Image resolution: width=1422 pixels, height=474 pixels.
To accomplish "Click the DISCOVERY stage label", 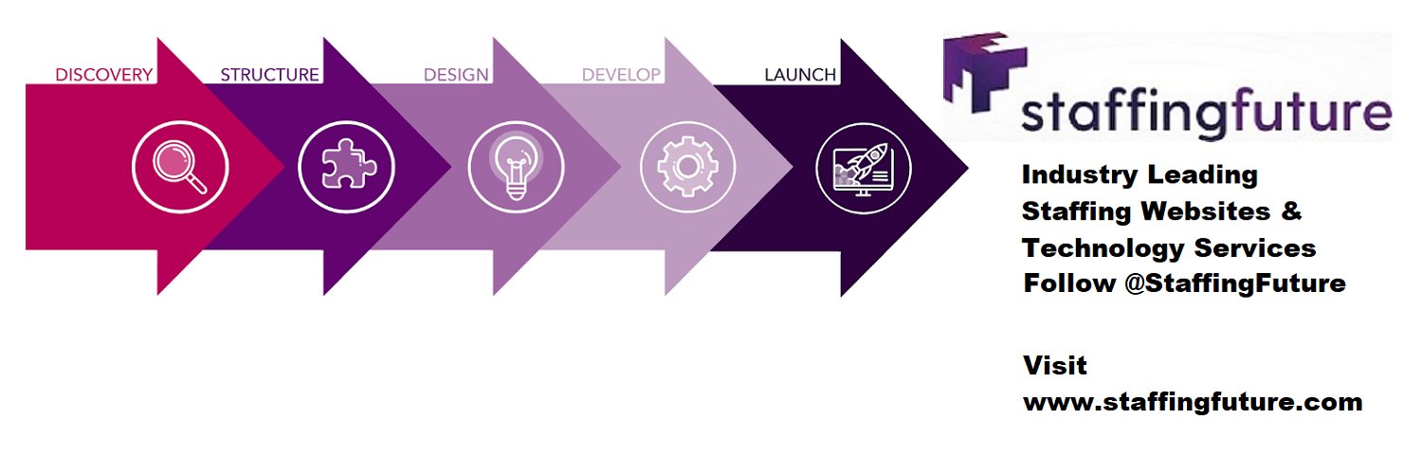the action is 104,75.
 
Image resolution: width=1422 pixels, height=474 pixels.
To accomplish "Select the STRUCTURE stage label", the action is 270,75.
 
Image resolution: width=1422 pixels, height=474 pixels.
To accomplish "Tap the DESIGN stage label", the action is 456,75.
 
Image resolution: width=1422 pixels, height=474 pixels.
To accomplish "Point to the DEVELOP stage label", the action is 621,75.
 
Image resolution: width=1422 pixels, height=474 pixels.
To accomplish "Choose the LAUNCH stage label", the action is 800,75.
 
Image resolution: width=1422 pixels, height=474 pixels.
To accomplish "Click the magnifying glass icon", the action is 180,167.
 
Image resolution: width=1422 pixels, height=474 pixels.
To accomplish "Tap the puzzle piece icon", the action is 349,164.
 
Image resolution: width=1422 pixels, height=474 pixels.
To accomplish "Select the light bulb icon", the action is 516,167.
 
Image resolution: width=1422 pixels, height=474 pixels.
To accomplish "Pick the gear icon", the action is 687,167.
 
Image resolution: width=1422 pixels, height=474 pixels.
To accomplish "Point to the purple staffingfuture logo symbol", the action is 985,72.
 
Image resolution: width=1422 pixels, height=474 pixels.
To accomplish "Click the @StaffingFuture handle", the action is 1235,283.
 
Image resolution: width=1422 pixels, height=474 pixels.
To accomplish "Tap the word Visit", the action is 1055,366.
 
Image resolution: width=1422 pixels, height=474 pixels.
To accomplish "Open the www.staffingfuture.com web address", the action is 1193,403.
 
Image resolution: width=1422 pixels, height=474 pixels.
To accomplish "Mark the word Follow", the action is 1069,283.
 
